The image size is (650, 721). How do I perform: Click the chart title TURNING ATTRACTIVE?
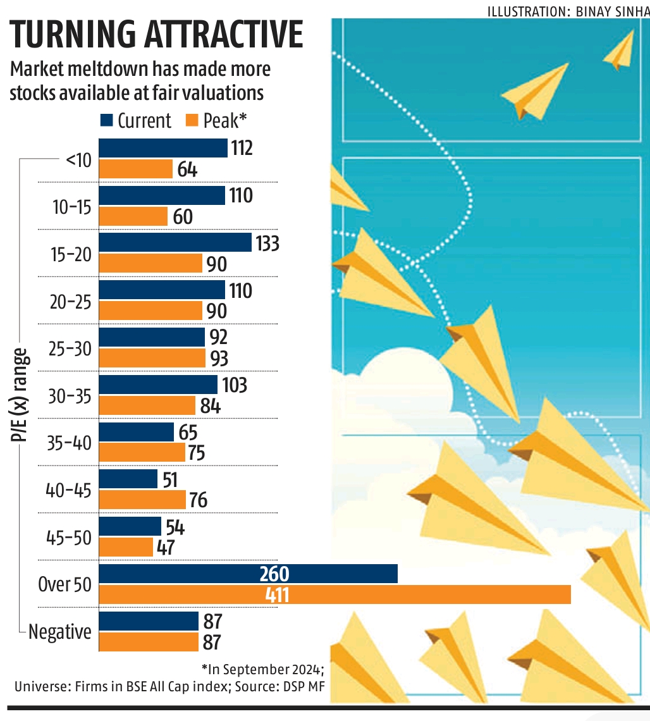[157, 35]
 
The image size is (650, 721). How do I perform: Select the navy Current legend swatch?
[106, 120]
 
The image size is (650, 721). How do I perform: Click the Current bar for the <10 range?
[163, 148]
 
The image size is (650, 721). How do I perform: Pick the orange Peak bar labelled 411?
[335, 595]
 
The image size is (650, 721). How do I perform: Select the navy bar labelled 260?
[248, 574]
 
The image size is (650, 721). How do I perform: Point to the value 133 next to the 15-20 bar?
[267, 243]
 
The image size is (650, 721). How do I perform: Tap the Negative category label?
[60, 632]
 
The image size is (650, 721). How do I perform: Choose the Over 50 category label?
[64, 585]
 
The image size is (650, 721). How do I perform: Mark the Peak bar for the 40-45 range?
[142, 500]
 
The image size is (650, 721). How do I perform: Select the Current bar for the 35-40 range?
[137, 432]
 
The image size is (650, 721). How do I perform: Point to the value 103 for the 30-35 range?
[234, 385]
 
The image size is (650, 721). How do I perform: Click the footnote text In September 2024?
[262, 669]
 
